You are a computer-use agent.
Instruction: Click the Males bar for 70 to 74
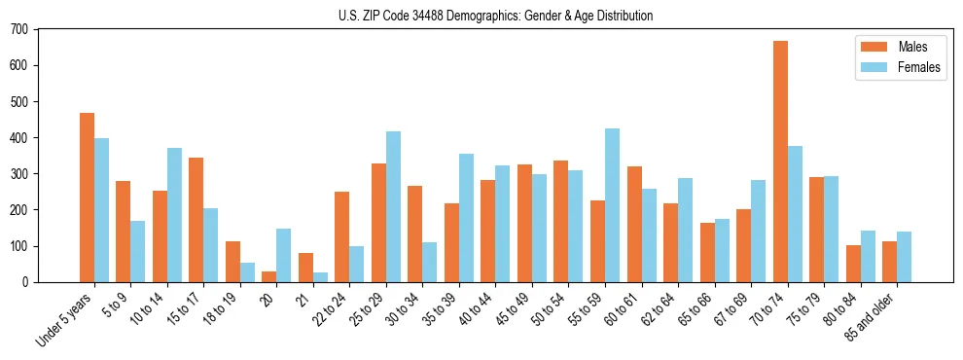780,162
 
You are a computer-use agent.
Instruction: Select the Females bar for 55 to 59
612,205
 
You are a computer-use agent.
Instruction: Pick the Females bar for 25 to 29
393,207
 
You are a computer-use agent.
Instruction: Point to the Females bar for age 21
320,277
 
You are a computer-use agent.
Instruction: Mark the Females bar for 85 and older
904,257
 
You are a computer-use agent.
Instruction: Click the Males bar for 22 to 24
342,237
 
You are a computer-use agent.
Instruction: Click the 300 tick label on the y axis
19,174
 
